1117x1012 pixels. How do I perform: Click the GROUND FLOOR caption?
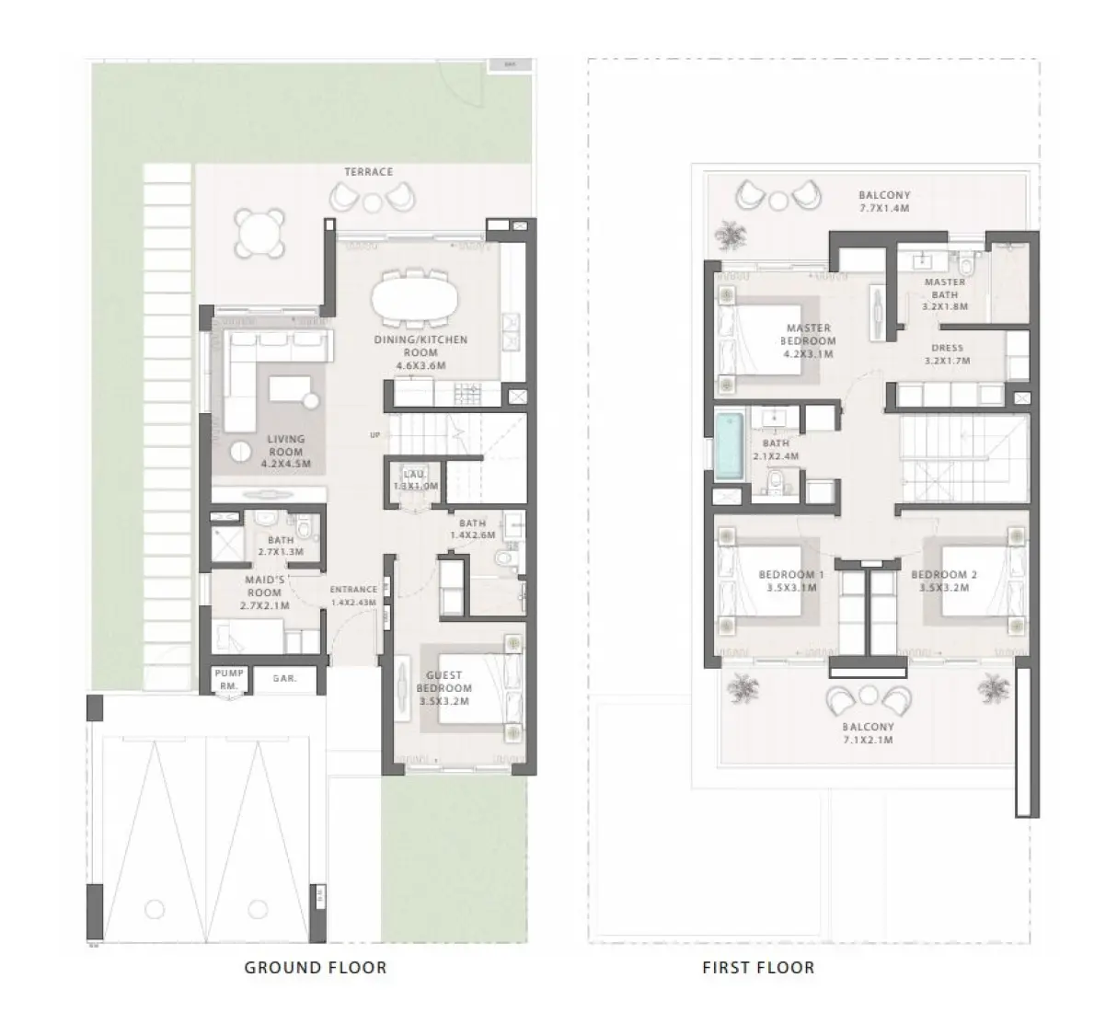coord(315,967)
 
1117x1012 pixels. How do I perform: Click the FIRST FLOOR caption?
coord(757,967)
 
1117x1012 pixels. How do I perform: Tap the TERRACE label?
coord(369,172)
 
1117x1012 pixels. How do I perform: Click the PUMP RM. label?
coord(229,679)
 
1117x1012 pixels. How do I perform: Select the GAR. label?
coord(284,679)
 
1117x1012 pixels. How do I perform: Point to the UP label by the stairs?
coord(374,434)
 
